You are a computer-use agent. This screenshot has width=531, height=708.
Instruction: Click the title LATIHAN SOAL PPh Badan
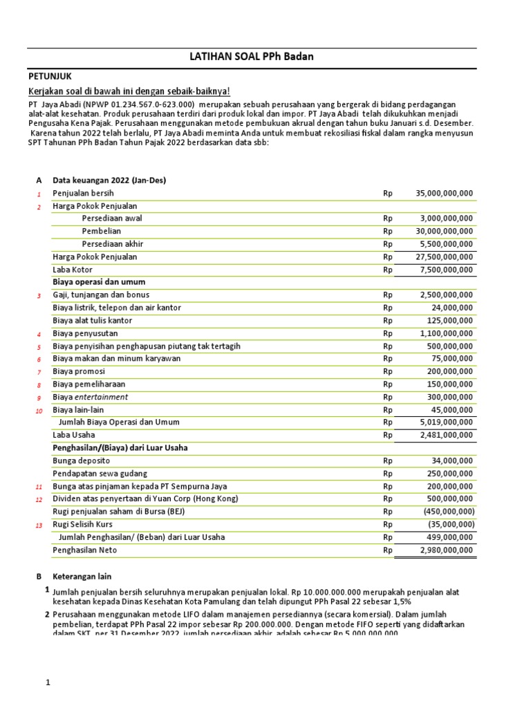tap(251, 57)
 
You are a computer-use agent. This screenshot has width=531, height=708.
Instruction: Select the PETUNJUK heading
tap(49, 76)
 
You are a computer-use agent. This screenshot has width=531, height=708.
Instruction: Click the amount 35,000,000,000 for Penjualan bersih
tap(444, 193)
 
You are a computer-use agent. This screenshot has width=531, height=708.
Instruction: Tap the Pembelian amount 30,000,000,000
tap(444, 231)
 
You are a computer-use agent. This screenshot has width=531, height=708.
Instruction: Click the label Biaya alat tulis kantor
tap(92, 320)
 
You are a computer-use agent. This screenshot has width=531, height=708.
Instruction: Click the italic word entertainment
tap(101, 397)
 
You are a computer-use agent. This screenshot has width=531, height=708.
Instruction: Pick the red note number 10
tap(39, 410)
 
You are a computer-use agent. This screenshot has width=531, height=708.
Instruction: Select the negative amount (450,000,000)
tap(447, 512)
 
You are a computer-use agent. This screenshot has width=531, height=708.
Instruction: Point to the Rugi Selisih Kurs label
tap(82, 524)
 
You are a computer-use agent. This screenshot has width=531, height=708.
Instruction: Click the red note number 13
tap(39, 525)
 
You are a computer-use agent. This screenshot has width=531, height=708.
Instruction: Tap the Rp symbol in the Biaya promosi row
tap(387, 371)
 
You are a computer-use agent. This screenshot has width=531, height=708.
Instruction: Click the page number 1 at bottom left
tap(48, 682)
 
